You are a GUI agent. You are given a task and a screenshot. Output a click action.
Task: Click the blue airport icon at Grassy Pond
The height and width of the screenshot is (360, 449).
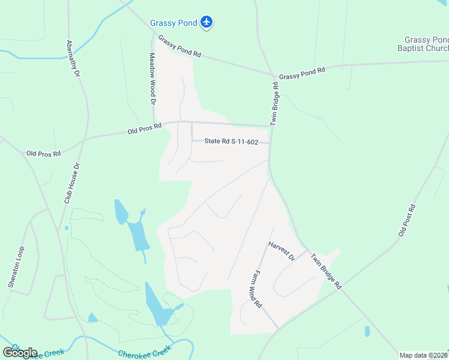pyautogui.click(x=207, y=22)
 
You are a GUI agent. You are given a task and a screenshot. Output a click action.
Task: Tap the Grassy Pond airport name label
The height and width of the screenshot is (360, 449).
pyautogui.click(x=174, y=23)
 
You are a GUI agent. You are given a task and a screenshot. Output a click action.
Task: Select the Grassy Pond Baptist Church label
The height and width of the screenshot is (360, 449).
pyautogui.click(x=423, y=44)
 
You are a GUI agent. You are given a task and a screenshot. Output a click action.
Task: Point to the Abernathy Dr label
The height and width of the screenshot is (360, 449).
pyautogui.click(x=73, y=59)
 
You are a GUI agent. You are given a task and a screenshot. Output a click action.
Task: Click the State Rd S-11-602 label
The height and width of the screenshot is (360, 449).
pyautogui.click(x=231, y=142)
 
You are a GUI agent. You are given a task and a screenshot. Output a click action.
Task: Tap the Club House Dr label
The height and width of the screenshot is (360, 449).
pyautogui.click(x=73, y=183)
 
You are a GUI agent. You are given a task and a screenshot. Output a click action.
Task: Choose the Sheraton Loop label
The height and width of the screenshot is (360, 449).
pyautogui.click(x=16, y=268)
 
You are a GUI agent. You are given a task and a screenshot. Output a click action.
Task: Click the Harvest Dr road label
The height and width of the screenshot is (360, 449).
pyautogui.click(x=282, y=250)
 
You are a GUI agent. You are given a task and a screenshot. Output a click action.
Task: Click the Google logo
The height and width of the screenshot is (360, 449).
pyautogui.click(x=20, y=353)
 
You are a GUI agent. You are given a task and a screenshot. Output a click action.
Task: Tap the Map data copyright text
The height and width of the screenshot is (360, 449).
pyautogui.click(x=423, y=355)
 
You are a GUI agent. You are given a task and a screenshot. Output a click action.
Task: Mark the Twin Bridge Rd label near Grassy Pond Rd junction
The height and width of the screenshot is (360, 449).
pyautogui.click(x=275, y=103)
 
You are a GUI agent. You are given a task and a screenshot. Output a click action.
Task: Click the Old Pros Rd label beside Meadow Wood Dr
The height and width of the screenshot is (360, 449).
pyautogui.click(x=145, y=128)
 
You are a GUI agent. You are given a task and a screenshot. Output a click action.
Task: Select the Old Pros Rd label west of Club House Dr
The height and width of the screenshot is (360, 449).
pyautogui.click(x=44, y=154)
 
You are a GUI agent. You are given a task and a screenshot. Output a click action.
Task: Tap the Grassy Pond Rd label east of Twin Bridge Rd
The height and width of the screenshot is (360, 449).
pyautogui.click(x=302, y=73)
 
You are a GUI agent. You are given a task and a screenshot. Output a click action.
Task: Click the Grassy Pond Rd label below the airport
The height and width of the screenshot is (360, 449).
pyautogui.click(x=179, y=46)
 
